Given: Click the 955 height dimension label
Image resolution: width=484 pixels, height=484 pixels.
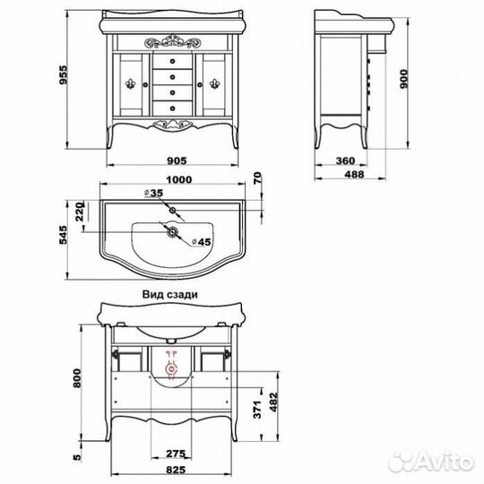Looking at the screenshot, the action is click(x=63, y=74).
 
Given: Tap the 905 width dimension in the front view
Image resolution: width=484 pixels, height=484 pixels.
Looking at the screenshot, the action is click(x=177, y=160).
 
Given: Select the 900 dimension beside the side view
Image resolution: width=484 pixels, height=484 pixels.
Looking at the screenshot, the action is click(x=403, y=79).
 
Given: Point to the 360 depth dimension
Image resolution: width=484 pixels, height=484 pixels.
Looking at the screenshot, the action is click(x=345, y=160).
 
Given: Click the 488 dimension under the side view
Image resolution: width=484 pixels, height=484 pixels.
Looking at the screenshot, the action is click(x=354, y=175).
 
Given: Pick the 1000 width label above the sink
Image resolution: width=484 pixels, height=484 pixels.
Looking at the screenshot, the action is click(x=179, y=179).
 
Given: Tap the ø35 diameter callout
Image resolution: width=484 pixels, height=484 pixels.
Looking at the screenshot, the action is click(x=154, y=194).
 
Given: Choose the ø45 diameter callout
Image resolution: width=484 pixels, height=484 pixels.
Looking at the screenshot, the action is click(x=202, y=242).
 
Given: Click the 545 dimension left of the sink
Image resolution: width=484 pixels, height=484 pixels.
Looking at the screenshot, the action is click(x=63, y=235).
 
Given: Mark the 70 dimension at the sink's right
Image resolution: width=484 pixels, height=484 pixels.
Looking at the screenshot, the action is click(x=257, y=178).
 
